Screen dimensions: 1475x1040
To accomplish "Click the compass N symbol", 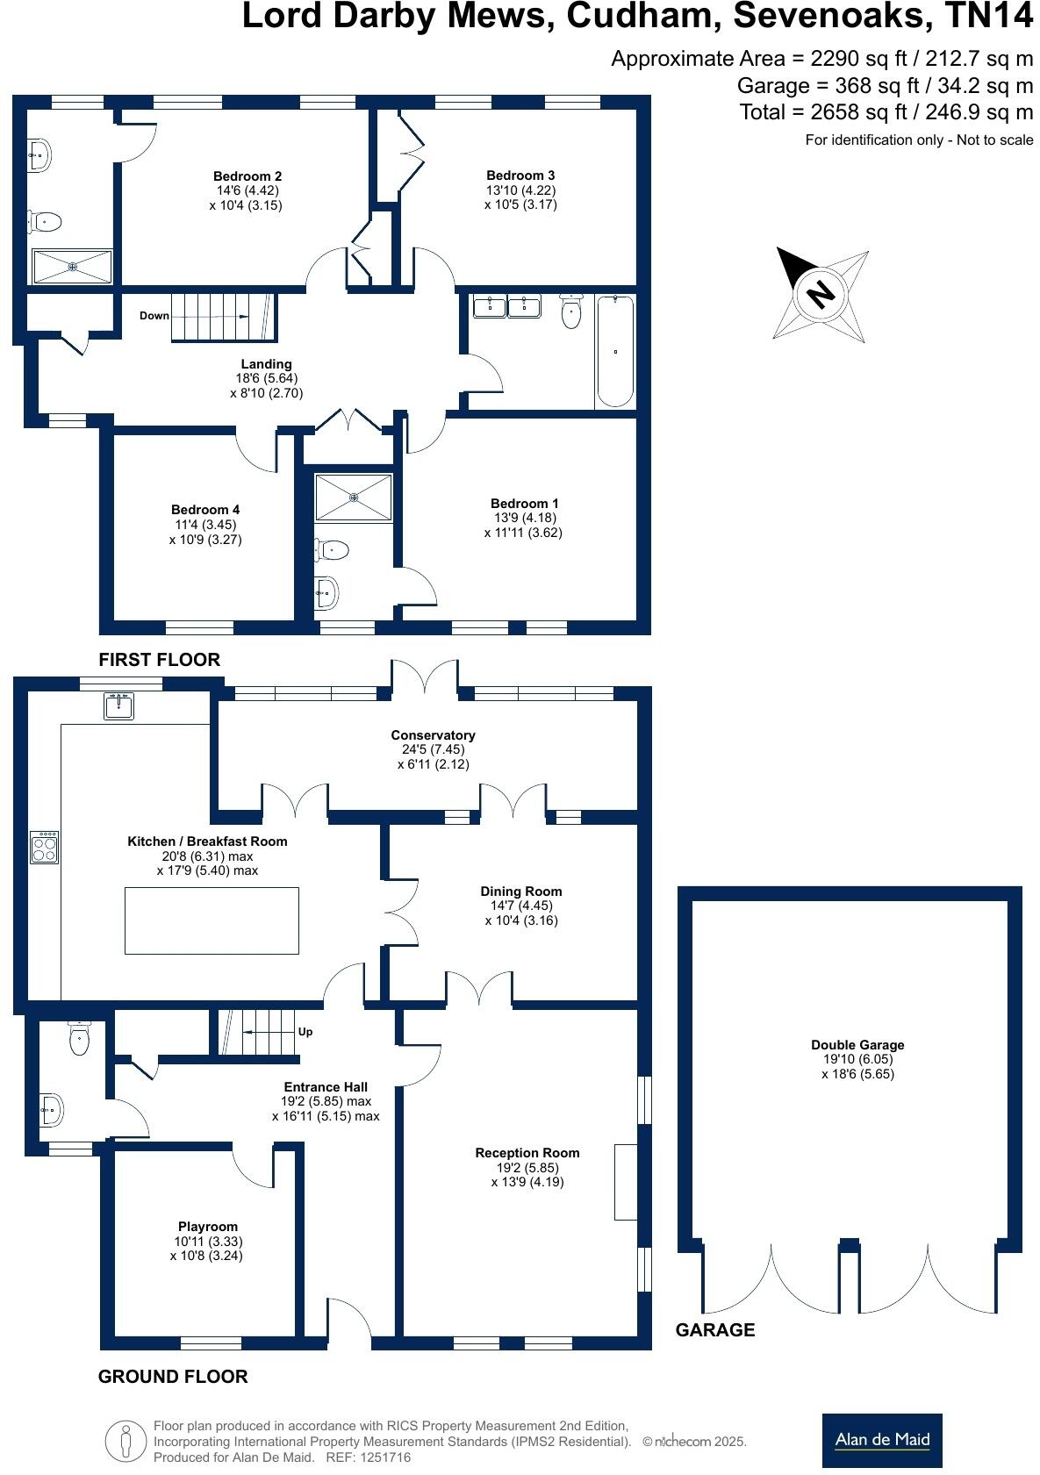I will point(821,294).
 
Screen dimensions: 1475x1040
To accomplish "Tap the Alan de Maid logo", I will point(882,1440).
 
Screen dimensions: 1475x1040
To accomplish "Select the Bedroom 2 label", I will point(247,175).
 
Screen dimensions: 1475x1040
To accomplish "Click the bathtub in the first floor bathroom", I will point(615,352).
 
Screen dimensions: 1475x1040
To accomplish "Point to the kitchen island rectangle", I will point(212,920).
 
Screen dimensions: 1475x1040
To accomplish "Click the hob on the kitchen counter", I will point(45,848).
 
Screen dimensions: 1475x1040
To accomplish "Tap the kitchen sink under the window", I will point(118,705).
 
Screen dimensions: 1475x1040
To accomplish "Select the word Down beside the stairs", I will point(154,316).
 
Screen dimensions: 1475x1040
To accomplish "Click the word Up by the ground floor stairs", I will point(305,1032).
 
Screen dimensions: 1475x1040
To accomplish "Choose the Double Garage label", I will point(857,1045).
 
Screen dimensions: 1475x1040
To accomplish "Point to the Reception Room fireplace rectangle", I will point(625,1182).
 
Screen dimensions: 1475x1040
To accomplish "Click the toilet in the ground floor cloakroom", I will point(80,1041).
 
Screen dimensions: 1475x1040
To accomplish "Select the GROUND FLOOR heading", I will point(173,1377).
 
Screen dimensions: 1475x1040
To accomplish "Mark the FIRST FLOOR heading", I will point(159,660).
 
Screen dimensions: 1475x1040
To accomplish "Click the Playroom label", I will point(208,1227).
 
